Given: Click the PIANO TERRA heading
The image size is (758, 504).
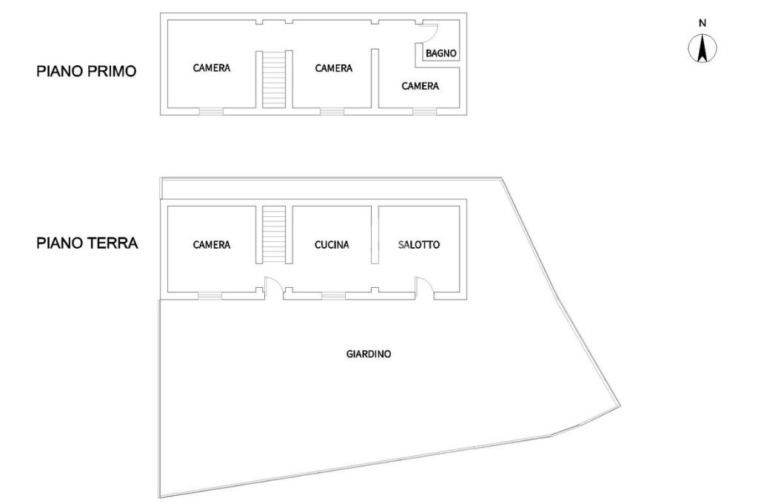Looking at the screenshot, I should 87,243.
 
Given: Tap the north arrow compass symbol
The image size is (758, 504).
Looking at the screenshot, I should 702,49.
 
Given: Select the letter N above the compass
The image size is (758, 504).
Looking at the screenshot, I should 702,23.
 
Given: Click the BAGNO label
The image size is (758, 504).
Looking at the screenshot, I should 440,53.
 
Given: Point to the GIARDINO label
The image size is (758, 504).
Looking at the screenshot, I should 369,354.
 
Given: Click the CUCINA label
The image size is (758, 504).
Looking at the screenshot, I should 332,245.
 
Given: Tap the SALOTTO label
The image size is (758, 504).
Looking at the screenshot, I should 419,245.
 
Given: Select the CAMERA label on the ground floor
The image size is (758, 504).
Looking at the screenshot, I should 212,245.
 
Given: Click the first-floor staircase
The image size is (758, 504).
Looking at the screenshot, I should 274,80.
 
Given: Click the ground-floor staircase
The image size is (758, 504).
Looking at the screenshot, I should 274,234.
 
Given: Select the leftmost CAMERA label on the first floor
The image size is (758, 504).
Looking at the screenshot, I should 212,68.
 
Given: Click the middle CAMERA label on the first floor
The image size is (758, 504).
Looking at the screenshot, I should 334,68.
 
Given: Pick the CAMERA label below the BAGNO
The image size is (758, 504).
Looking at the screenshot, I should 420,86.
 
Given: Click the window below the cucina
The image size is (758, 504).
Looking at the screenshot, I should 333,296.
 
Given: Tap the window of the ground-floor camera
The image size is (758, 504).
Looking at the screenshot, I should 210,296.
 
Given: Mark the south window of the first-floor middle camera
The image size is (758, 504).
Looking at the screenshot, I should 332,112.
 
